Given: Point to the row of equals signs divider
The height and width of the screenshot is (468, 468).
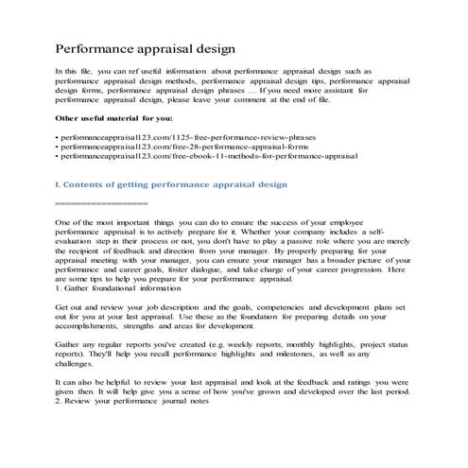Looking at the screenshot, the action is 101,203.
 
